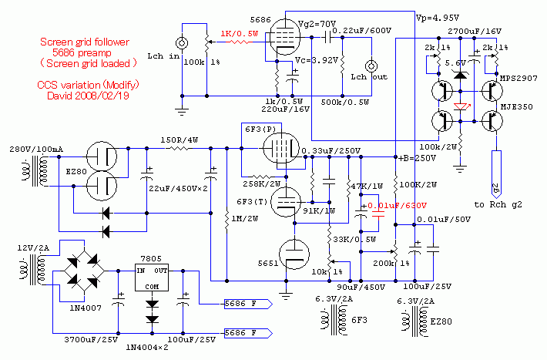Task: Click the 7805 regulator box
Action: [x=152, y=278]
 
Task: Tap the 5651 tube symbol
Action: [x=294, y=254]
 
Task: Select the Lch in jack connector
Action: [x=182, y=43]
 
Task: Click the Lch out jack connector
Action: [x=371, y=66]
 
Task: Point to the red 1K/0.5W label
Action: [x=240, y=34]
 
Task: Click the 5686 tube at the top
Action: [x=285, y=36]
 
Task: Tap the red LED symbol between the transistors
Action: [x=461, y=106]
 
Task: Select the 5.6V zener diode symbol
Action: [x=461, y=75]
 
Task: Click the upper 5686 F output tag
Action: [x=247, y=304]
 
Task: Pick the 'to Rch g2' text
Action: [x=498, y=204]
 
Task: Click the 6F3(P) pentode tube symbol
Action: [x=281, y=148]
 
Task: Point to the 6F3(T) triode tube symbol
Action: [x=286, y=202]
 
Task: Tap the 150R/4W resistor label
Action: [x=180, y=140]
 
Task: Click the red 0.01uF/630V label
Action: [x=397, y=206]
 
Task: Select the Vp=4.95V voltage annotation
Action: [x=438, y=18]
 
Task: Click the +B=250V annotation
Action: [x=418, y=158]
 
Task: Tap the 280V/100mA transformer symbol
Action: [x=36, y=171]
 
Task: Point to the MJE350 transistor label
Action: [x=517, y=107]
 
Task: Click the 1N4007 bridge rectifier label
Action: [x=86, y=308]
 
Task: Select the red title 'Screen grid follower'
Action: [x=85, y=42]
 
